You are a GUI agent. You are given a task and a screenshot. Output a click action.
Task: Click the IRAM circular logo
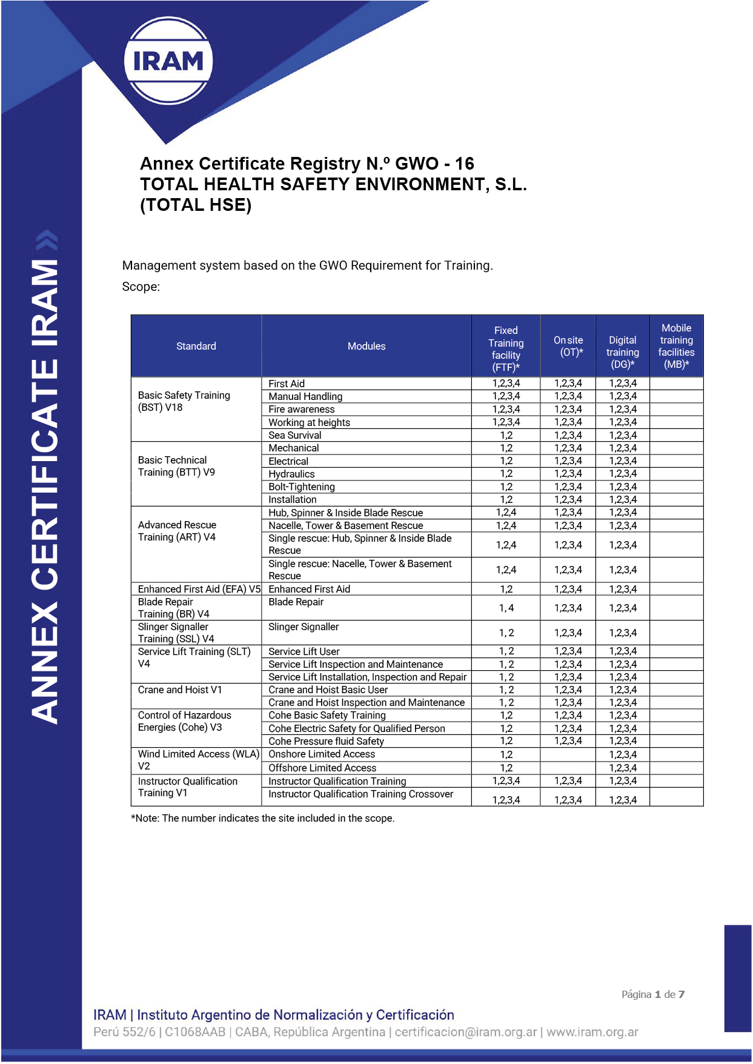(x=168, y=61)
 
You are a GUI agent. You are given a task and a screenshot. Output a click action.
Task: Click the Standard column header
(x=196, y=346)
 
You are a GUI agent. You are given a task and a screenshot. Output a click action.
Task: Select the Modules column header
(x=366, y=346)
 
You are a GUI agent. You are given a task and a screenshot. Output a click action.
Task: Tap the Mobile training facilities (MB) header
(x=676, y=346)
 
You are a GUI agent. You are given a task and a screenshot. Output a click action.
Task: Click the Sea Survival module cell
(x=295, y=435)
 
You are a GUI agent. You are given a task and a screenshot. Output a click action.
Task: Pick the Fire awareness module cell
(x=301, y=409)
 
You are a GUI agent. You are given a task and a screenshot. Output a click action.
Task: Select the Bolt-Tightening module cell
(x=302, y=487)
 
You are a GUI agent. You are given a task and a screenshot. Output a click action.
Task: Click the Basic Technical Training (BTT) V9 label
(x=176, y=466)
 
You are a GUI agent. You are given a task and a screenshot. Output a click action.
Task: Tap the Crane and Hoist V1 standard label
(x=180, y=690)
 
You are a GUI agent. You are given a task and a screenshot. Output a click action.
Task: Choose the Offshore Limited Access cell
(x=322, y=768)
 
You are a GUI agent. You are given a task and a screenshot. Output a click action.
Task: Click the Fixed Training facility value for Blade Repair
(x=506, y=608)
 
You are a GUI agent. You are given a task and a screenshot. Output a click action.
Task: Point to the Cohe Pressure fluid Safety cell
(x=326, y=741)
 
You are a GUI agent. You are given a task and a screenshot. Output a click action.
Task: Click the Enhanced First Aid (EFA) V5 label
(x=199, y=589)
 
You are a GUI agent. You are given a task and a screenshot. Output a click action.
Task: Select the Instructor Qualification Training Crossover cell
(x=360, y=794)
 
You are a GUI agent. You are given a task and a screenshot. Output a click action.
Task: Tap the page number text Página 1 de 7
(x=652, y=994)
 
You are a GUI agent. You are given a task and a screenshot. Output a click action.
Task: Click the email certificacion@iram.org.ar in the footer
(x=466, y=1032)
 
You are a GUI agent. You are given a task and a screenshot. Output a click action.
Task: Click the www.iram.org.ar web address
(x=592, y=1032)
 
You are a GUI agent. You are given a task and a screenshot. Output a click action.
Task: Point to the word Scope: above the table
(x=141, y=287)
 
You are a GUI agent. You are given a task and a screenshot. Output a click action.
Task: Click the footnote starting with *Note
(x=262, y=818)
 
